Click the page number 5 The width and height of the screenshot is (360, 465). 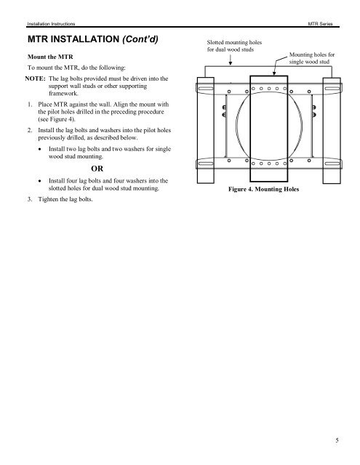348,440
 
